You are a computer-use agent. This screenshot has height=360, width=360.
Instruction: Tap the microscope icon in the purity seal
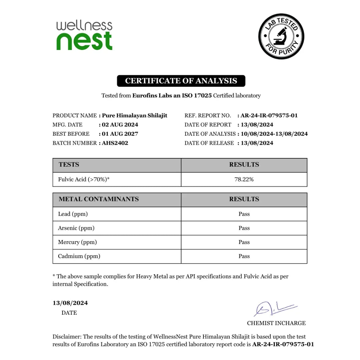[x=281, y=36]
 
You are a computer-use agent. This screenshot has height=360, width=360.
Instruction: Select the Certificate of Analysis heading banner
[x=181, y=81]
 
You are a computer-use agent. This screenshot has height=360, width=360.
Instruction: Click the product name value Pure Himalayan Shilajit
[x=135, y=116]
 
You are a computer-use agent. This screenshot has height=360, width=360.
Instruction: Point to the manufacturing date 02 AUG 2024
[x=120, y=125]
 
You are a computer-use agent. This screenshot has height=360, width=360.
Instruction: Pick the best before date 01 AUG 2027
[x=120, y=134]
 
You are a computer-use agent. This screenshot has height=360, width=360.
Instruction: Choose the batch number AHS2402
[x=115, y=143]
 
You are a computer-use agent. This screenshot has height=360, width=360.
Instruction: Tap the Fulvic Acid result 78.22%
[x=244, y=179]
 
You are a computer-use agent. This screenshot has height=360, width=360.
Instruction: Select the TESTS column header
[x=69, y=165]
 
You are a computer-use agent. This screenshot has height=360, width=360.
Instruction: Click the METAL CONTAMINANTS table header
[x=99, y=199]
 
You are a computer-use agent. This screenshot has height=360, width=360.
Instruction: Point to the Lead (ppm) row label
[x=73, y=214]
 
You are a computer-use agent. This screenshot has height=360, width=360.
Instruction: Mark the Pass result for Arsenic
[x=244, y=228]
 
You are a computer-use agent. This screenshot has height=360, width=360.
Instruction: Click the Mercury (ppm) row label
[x=77, y=242]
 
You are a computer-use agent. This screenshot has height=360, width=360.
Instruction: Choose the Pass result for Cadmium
[x=244, y=256]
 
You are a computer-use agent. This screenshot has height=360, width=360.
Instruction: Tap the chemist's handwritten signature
[x=274, y=309]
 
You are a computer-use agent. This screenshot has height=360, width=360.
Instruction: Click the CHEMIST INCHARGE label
[x=276, y=323]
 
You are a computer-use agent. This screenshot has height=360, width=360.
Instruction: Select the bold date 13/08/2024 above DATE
[x=70, y=303]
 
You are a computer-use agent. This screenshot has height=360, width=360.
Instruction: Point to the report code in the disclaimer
[x=283, y=344]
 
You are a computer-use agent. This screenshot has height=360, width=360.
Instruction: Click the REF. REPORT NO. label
[x=208, y=116]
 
